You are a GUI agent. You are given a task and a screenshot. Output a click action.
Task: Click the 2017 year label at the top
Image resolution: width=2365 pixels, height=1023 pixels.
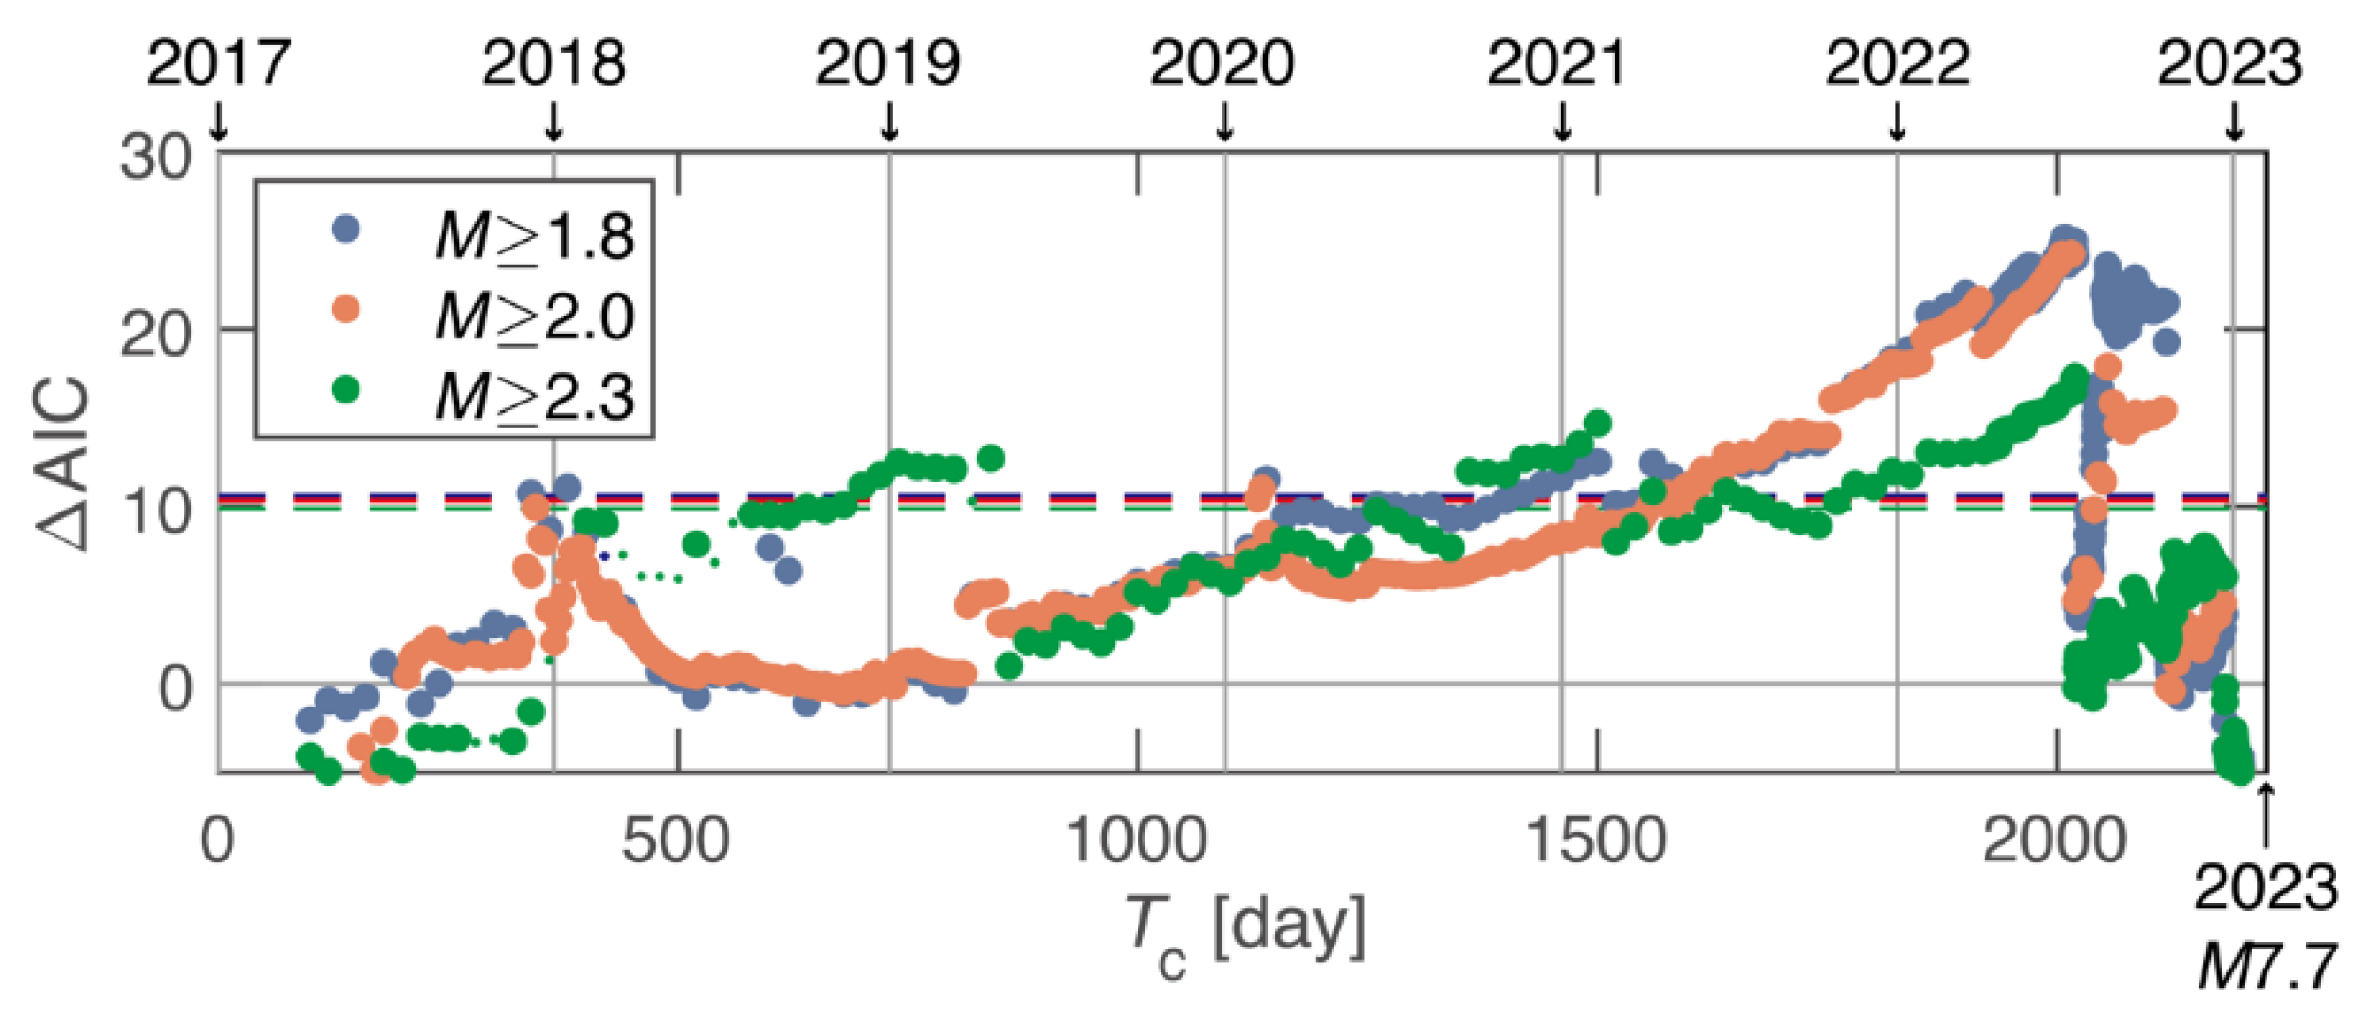218,64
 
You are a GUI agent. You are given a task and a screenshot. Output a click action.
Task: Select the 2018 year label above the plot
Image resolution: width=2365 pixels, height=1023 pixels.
553,64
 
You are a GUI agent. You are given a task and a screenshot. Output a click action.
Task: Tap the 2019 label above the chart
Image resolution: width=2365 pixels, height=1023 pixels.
888,64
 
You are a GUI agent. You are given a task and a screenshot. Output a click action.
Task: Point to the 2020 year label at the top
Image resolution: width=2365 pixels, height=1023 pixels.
1223,64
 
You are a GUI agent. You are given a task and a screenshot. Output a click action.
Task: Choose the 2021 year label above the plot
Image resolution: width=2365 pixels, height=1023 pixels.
1557,64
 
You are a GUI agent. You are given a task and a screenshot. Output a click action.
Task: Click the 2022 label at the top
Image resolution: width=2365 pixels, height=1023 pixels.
1898,64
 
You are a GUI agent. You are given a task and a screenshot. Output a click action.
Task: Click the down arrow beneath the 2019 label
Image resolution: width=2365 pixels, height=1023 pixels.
890,121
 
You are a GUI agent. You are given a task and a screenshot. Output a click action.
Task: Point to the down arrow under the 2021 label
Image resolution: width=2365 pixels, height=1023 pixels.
1563,121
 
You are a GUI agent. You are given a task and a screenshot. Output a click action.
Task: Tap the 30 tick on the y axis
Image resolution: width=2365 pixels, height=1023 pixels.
156,156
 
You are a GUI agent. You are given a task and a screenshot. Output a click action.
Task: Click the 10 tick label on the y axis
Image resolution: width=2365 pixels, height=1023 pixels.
156,511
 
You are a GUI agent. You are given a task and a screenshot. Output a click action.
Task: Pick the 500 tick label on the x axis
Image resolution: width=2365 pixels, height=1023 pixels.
676,841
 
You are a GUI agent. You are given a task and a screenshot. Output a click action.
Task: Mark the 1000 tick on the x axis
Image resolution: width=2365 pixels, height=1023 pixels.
1137,841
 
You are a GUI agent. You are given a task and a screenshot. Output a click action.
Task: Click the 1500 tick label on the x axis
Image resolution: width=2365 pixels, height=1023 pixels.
1596,841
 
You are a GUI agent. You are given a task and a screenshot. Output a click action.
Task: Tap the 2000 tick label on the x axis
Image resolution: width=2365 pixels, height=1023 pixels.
2055,841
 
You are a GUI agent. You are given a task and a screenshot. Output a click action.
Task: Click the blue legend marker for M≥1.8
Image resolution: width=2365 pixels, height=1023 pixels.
345,229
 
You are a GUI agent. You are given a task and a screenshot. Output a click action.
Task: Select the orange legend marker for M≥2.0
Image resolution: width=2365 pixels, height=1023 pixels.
345,310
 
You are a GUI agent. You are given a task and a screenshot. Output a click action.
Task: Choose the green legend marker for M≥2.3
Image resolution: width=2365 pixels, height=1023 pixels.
345,390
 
